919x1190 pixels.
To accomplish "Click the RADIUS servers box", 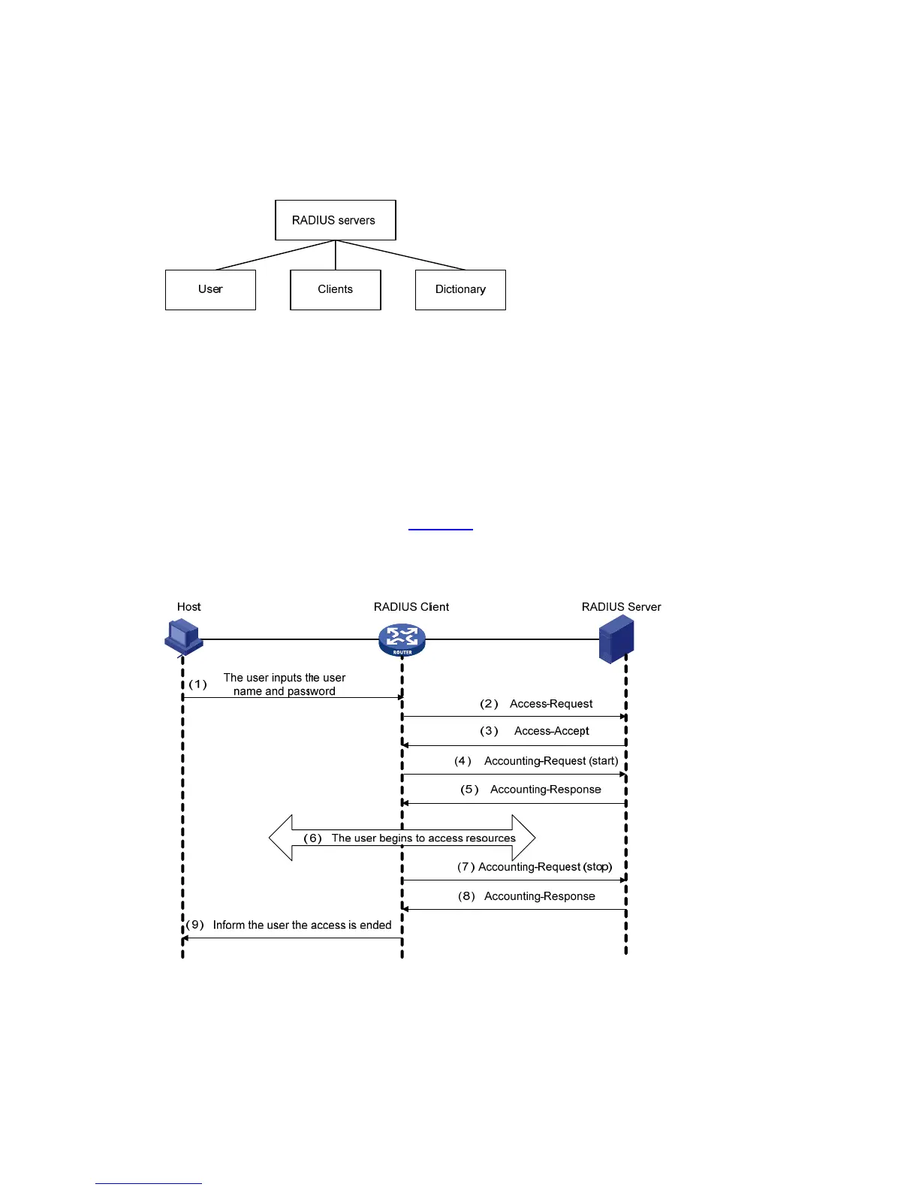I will click(335, 220).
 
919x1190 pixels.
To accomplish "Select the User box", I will click(210, 290).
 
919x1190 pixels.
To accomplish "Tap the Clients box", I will click(335, 290).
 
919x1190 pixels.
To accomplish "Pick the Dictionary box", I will click(460, 290).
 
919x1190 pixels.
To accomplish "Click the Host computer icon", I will click(183, 637).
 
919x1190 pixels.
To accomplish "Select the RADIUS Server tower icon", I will click(616, 639).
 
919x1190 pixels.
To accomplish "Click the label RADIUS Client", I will click(411, 607).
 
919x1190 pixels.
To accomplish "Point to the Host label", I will click(189, 607).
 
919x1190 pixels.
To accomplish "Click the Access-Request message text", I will click(551, 704).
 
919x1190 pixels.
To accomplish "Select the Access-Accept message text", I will click(552, 731).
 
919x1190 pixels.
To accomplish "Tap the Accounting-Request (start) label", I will click(551, 761).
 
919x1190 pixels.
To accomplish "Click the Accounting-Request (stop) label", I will click(545, 867).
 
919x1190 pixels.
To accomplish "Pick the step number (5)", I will click(470, 790).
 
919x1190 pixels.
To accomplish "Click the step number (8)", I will click(467, 896).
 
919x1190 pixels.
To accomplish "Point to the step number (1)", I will click(197, 684).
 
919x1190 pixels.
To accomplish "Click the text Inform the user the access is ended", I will click(302, 925).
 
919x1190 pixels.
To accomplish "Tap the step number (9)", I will click(195, 925).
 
